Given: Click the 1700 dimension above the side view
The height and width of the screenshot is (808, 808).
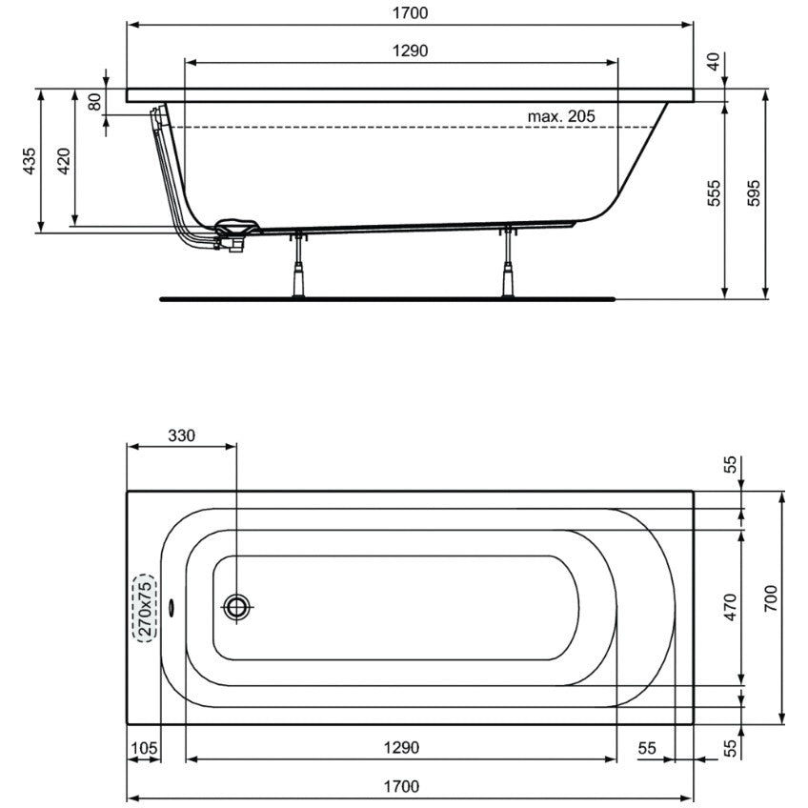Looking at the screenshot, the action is [410, 13].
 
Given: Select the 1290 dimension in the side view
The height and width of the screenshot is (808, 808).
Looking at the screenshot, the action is [410, 51].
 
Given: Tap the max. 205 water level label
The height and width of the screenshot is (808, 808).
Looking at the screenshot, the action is [561, 116].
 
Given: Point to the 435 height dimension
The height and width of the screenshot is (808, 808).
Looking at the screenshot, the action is [30, 161].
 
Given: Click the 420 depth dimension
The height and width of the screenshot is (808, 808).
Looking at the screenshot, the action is [63, 161].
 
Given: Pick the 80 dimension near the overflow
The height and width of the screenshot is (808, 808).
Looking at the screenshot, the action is [94, 102].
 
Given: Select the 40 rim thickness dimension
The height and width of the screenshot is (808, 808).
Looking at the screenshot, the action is [713, 62].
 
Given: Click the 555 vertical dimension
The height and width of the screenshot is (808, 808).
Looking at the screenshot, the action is [714, 193].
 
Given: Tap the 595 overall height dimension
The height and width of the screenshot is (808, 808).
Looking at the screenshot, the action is [754, 193].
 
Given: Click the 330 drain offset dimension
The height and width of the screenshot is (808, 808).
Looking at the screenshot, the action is [181, 436].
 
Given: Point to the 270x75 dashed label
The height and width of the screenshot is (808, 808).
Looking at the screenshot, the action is [146, 608].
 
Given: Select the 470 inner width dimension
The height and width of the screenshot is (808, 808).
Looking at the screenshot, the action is [730, 607].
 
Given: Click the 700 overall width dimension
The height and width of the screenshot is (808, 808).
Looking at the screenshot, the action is [771, 598].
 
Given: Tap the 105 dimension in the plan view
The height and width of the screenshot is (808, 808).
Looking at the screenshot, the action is [144, 748].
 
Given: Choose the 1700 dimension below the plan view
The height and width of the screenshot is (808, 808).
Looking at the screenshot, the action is [401, 787].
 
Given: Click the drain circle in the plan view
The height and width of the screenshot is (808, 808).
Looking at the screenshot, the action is [236, 607].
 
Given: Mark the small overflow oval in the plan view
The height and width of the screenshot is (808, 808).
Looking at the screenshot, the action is [172, 607].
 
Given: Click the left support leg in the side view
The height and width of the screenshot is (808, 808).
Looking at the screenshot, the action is [298, 266].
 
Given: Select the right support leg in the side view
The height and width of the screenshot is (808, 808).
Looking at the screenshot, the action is [508, 262].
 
